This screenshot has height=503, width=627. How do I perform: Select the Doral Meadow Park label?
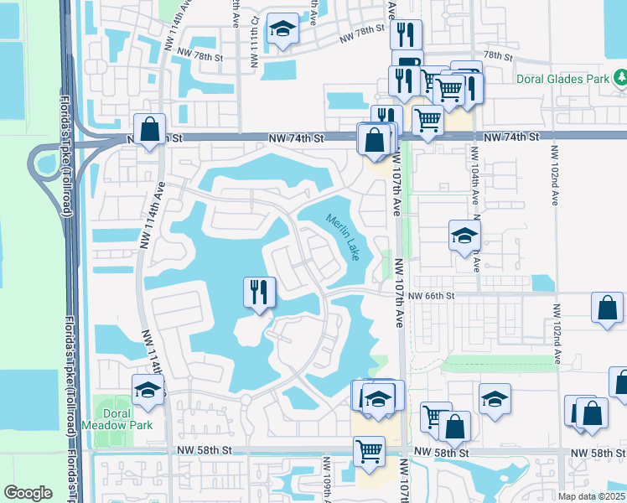pyautogui.click(x=106, y=418)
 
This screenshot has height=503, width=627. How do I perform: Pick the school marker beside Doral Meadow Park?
pyautogui.click(x=148, y=391)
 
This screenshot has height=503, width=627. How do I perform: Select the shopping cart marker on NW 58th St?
pyautogui.click(x=369, y=451)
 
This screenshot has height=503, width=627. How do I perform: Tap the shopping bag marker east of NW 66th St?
pyautogui.click(x=607, y=308)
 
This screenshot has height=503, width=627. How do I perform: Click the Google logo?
pyautogui.click(x=28, y=493)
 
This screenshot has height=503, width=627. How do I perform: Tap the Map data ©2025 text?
pyautogui.click(x=591, y=496)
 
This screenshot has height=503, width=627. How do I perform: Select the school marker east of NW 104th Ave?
pyautogui.click(x=464, y=236)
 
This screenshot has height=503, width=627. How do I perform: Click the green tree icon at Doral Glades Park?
pyautogui.click(x=621, y=79)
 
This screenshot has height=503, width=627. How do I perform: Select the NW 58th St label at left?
pyautogui.click(x=204, y=451)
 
